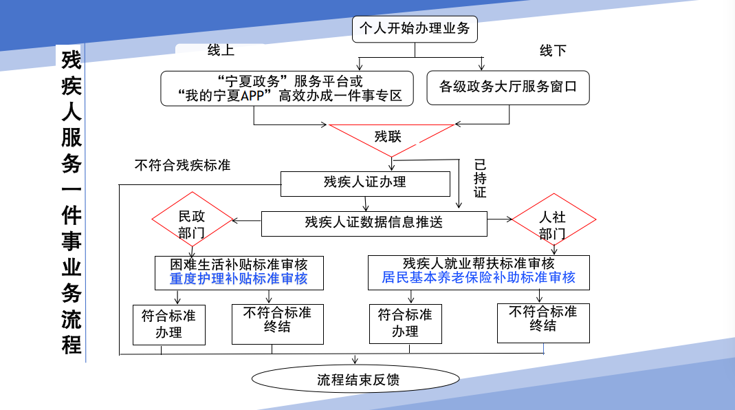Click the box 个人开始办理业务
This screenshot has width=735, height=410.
tap(415, 29)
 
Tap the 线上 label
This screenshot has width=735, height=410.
tap(221, 50)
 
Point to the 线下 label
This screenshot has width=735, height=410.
tap(553, 51)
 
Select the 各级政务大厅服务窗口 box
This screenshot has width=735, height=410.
tap(507, 87)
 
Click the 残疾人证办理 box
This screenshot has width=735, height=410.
tap(365, 183)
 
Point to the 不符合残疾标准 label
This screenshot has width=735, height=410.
tap(182, 166)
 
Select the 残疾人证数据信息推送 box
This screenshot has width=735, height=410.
tap(374, 223)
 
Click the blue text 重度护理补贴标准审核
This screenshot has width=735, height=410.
tap(239, 279)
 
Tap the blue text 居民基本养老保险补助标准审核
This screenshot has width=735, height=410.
tap(479, 278)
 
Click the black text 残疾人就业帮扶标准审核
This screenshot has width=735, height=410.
tap(479, 263)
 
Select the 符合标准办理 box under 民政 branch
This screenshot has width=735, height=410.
tap(168, 324)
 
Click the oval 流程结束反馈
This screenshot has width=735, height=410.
tap(355, 379)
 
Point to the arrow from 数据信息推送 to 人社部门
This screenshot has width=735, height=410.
tap(500, 220)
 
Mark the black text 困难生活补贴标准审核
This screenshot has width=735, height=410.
tap(239, 264)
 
